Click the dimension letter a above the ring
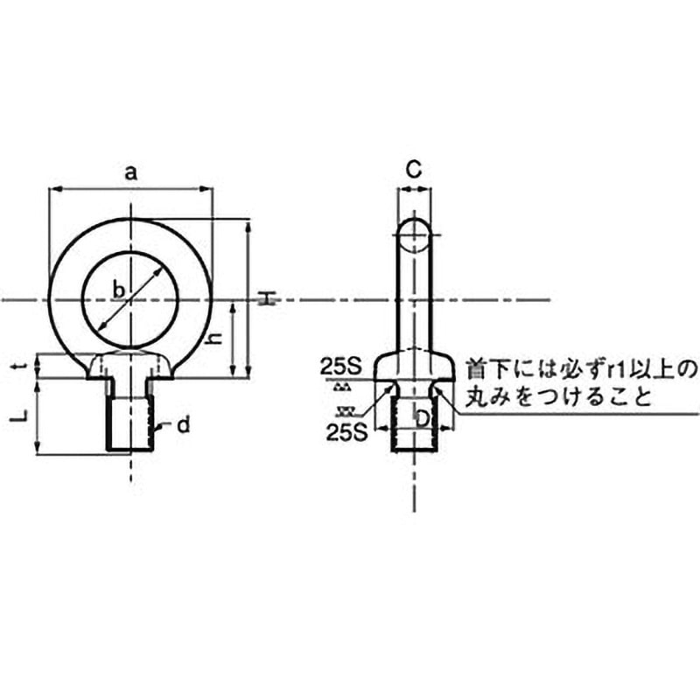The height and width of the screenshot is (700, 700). [x=130, y=173]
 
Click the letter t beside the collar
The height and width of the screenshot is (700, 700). [x=25, y=367]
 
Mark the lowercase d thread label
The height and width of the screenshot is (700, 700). [x=182, y=425]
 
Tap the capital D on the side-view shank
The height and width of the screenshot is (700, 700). [x=421, y=419]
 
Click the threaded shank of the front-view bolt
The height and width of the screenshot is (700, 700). [x=130, y=424]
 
